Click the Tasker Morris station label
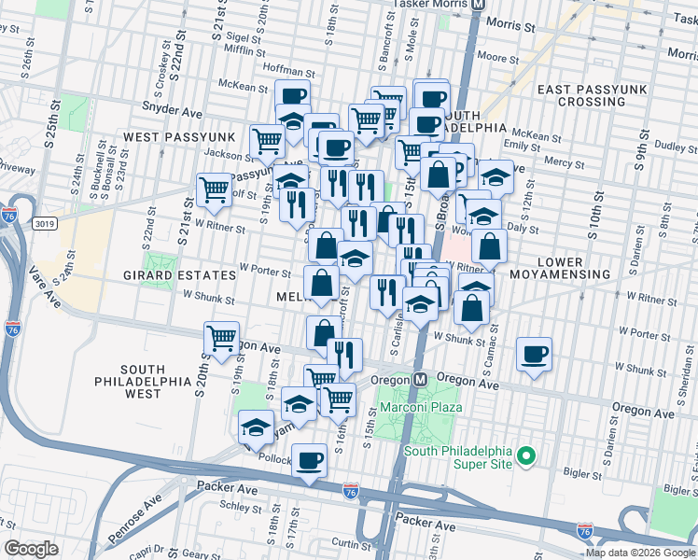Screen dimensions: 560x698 pos(429,5)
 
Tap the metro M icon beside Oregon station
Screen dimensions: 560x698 pos(421,380)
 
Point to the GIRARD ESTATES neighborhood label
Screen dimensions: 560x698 pos(179,275)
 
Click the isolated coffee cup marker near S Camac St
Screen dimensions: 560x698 pos(534,355)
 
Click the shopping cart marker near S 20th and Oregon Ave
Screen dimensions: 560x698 pos(221,339)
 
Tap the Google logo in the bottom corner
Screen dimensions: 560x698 pos(32,549)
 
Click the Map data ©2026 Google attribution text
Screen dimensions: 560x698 pos(640,553)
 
